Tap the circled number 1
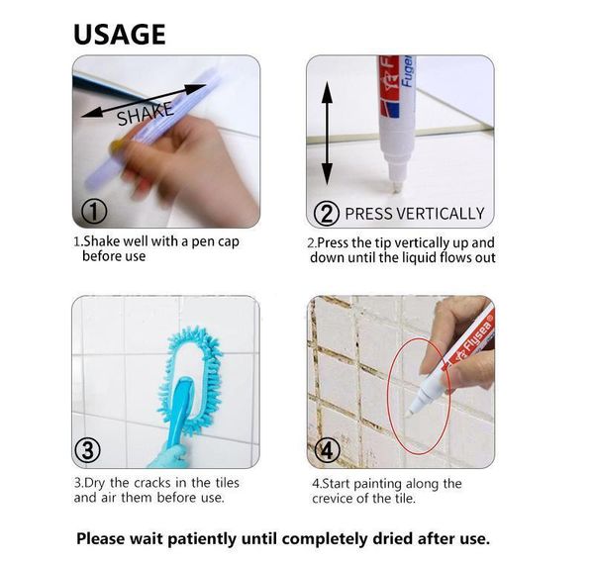pyautogui.click(x=94, y=211)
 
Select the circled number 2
pyautogui.click(x=326, y=213)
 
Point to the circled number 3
pyautogui.click(x=88, y=451)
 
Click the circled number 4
pyautogui.click(x=327, y=450)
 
